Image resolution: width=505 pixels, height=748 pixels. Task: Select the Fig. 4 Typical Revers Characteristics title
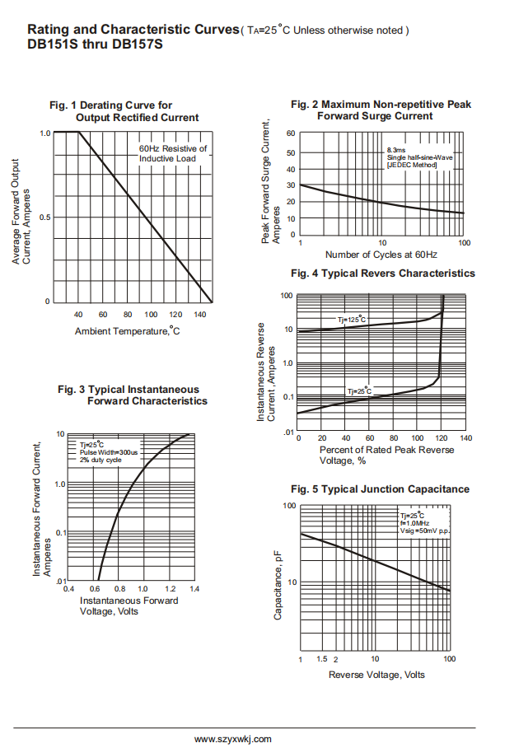point(383,273)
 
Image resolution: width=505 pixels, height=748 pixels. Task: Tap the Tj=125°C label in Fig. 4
point(352,319)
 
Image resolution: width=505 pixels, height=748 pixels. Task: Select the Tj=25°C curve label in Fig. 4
point(359,391)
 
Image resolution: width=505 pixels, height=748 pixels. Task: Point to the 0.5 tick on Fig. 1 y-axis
point(45,217)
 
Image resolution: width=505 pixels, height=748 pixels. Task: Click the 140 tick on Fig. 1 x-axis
point(199,315)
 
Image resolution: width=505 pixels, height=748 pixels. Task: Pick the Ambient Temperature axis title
point(127,331)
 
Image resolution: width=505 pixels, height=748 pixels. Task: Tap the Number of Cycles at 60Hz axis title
point(381,255)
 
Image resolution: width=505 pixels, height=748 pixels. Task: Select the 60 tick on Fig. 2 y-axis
point(292,133)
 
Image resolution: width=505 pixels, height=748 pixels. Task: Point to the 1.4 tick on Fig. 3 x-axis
point(194,589)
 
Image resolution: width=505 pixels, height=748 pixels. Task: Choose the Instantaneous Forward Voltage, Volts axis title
point(129,605)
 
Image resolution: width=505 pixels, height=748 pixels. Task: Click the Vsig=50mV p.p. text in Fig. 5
point(424,531)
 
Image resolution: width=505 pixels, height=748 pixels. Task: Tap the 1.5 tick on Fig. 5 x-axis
point(321,660)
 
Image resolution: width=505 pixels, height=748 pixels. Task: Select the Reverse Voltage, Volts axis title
point(376,675)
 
